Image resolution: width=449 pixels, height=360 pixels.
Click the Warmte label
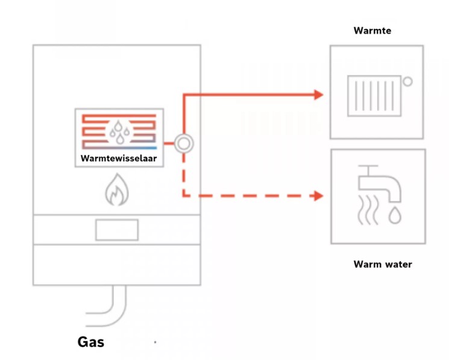tap(372, 30)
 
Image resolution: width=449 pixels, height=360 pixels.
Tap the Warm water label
tap(383, 264)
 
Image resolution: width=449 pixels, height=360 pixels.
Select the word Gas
tap(91, 342)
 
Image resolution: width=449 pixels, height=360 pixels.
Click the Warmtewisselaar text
tap(119, 159)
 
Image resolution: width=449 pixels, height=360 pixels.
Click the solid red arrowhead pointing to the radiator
tap(318, 95)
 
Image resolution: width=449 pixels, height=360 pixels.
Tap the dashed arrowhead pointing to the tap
tap(318, 196)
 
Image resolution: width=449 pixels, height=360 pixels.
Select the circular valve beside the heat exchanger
tap(184, 144)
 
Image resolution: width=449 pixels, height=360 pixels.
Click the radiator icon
tap(374, 96)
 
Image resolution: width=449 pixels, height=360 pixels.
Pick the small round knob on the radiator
tap(408, 81)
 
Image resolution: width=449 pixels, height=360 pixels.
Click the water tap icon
tap(380, 183)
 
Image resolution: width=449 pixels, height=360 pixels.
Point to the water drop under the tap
tap(395, 215)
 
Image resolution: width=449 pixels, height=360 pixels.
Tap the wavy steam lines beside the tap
tap(368, 210)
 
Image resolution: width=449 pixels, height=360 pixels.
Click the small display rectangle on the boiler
tap(117, 230)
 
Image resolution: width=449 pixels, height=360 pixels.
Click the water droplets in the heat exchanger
tap(119, 131)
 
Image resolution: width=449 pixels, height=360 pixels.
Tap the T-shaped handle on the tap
tap(368, 169)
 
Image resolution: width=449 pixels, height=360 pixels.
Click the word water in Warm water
tap(397, 264)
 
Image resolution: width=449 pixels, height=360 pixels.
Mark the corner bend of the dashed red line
tap(184, 196)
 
